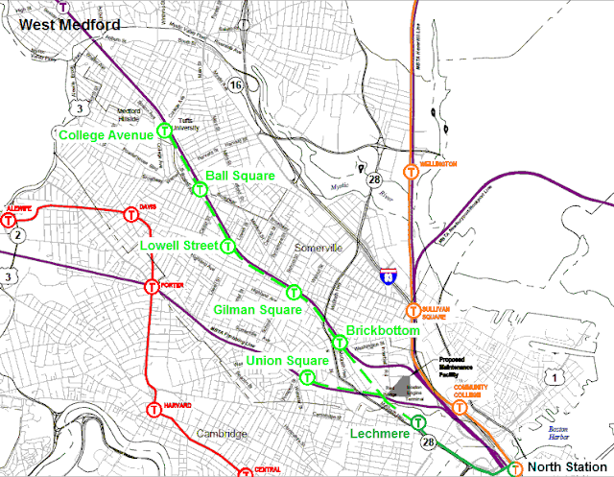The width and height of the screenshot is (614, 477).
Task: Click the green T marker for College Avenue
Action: pyautogui.click(x=165, y=130)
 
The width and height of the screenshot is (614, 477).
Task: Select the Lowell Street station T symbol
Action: pyautogui.click(x=228, y=247)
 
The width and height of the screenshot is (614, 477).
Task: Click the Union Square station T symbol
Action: pyautogui.click(x=307, y=377)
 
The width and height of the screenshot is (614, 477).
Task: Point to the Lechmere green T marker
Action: pyautogui.click(x=418, y=422)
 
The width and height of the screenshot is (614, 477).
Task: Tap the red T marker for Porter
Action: pyautogui.click(x=152, y=286)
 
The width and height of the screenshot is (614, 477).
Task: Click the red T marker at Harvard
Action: pyautogui.click(x=153, y=410)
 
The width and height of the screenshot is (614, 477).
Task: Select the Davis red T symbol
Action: pyautogui.click(x=131, y=215)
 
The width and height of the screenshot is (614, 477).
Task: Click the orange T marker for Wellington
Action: pyautogui.click(x=411, y=173)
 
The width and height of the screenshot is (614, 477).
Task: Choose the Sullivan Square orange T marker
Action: pyautogui.click(x=413, y=311)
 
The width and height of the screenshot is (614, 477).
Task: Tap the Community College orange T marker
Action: pyautogui.click(x=460, y=407)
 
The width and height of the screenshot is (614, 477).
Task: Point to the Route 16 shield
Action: pyautogui.click(x=234, y=85)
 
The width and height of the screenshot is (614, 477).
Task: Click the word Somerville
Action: pyautogui.click(x=319, y=249)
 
